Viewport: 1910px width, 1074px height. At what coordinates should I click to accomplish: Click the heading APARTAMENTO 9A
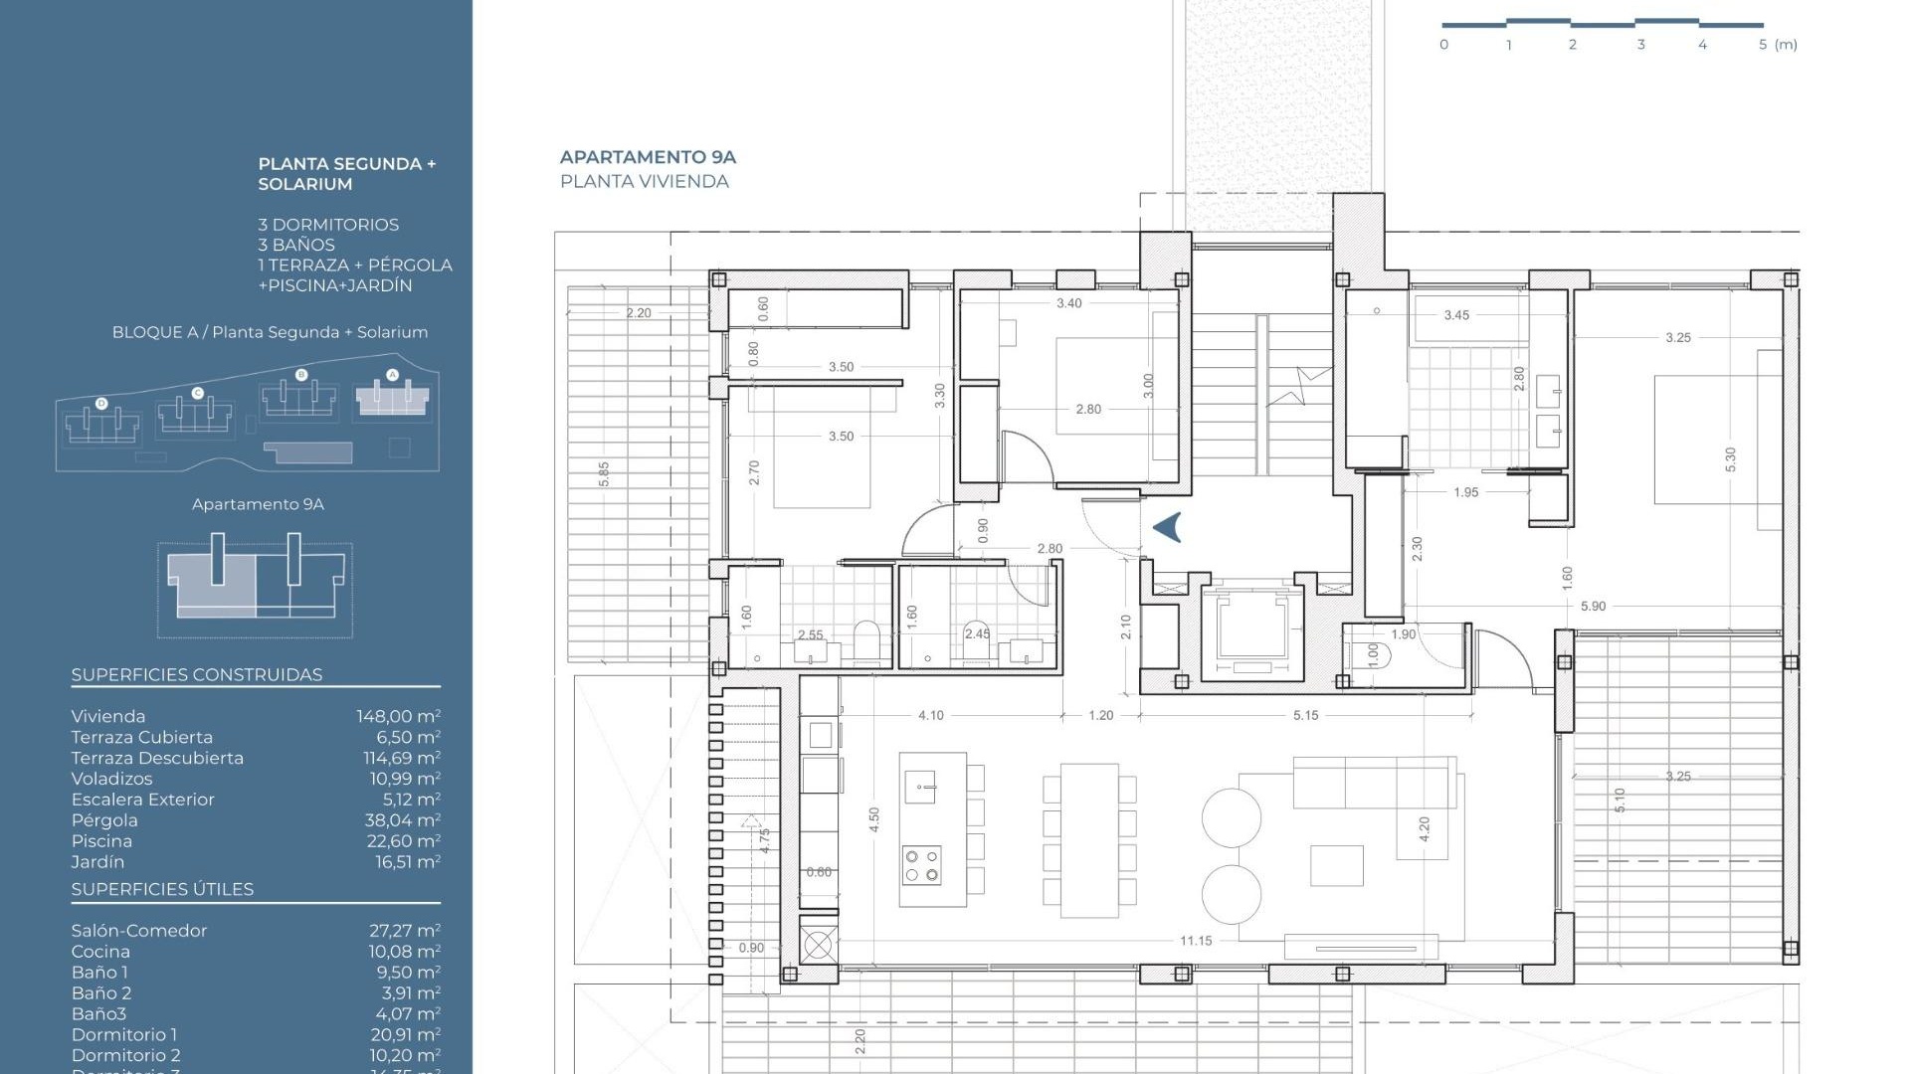648,157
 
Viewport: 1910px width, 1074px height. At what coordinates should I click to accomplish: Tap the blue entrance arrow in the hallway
1168,527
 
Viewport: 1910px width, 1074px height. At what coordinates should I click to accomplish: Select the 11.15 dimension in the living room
1195,941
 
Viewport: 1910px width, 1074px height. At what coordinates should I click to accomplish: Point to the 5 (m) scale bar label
1778,45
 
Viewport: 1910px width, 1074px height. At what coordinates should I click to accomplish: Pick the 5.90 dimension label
1593,606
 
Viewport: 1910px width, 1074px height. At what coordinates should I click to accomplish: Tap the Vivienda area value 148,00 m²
398,717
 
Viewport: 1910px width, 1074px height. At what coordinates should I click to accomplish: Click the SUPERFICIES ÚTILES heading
162,890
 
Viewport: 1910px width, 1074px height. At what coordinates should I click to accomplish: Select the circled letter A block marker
392,375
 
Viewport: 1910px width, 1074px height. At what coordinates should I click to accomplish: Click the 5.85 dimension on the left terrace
604,473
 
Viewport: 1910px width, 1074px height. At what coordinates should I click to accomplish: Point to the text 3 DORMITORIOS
328,225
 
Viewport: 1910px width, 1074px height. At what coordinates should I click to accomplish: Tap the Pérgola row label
104,820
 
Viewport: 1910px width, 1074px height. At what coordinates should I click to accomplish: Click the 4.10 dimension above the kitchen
930,715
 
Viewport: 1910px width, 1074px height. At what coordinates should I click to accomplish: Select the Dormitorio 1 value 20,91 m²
404,1035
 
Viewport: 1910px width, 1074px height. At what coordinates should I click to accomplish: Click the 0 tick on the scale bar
1443,45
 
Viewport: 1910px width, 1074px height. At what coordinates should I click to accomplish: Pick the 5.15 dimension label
1305,715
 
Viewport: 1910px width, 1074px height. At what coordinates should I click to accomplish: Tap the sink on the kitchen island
920,788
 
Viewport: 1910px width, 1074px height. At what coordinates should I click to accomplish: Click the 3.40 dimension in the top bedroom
1068,303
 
